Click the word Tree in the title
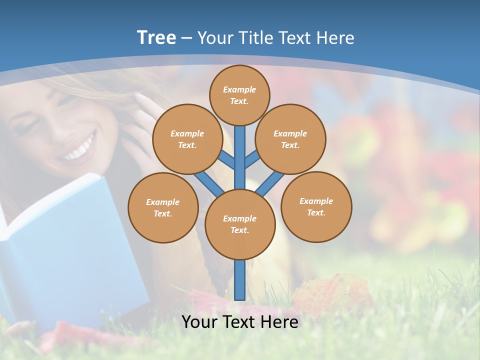click(156, 37)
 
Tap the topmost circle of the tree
click(239, 95)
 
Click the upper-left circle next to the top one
click(187, 139)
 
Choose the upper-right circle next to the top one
click(290, 139)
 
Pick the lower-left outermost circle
click(163, 207)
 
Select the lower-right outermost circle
click(316, 206)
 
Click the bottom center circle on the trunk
click(240, 224)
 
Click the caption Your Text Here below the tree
click(240, 321)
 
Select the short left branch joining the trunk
click(227, 160)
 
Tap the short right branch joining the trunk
click(252, 159)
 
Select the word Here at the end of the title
click(336, 38)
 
